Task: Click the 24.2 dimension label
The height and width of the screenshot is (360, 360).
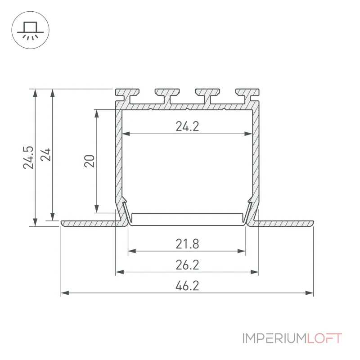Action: click(x=187, y=126)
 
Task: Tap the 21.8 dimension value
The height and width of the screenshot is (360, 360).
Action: click(x=187, y=244)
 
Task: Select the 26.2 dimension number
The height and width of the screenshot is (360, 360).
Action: click(x=187, y=265)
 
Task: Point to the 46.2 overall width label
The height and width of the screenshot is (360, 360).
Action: click(x=187, y=286)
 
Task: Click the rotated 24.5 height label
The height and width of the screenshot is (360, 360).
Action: click(x=28, y=157)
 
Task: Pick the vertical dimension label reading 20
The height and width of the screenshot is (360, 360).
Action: click(x=89, y=161)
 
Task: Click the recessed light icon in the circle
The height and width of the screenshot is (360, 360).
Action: click(x=30, y=30)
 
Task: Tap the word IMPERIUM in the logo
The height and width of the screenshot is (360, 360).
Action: click(x=274, y=338)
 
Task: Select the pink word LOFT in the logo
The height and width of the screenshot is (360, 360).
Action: click(x=324, y=338)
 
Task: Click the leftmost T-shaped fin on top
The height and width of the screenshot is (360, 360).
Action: click(x=127, y=96)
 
